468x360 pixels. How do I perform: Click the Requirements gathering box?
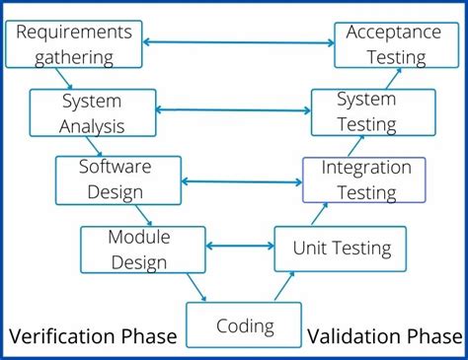[74, 44]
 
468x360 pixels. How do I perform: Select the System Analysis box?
[93, 112]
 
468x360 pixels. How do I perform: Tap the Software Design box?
[117, 180]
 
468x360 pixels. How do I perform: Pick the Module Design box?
[142, 249]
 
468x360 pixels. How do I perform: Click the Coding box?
[244, 324]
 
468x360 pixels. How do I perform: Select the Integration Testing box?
[364, 180]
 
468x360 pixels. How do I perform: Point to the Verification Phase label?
[93, 337]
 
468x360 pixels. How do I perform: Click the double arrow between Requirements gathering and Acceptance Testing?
[238, 41]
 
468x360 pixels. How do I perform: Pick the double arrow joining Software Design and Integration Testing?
[242, 181]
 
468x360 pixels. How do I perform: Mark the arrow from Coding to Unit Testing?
[284, 287]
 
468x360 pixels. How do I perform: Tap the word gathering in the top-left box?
[74, 56]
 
